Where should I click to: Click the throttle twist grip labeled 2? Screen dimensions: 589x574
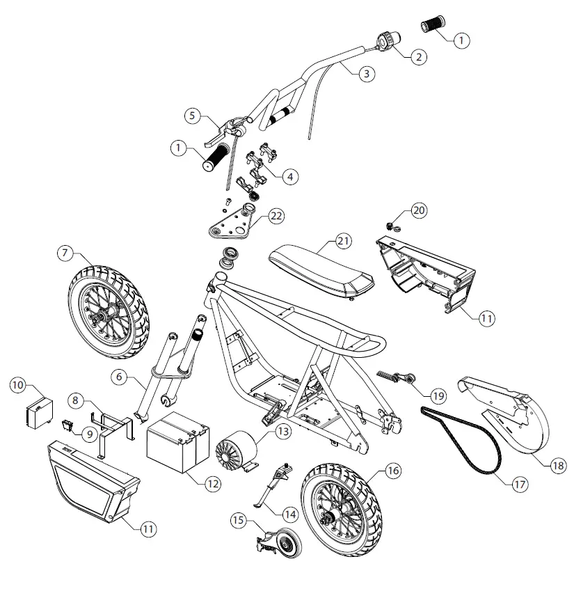coord(386,40)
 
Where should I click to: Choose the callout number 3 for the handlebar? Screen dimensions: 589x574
coord(367,73)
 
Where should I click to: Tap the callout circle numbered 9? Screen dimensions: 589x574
coord(90,433)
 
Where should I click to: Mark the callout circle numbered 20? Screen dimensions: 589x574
coord(420,210)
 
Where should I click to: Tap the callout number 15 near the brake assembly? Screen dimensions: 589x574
coord(239,520)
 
